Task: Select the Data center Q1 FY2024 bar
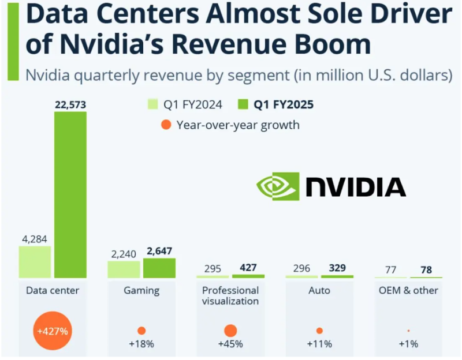click(x=35, y=262)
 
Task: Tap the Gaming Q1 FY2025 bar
click(x=159, y=268)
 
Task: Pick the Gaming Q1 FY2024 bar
click(x=124, y=269)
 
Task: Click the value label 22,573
click(x=70, y=104)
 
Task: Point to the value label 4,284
click(x=35, y=238)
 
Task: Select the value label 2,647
click(x=159, y=251)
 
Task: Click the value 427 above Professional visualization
click(x=248, y=268)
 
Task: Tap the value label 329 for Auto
click(x=337, y=268)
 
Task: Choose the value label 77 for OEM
click(x=390, y=270)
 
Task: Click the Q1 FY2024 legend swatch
click(x=152, y=104)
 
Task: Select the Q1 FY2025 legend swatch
click(x=242, y=104)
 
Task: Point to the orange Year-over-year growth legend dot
click(x=166, y=124)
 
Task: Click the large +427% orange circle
click(x=53, y=331)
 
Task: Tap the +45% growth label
click(x=230, y=344)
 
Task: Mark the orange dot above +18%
click(x=141, y=331)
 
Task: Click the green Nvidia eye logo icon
click(x=278, y=186)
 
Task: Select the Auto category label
click(x=319, y=290)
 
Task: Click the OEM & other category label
click(x=408, y=290)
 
